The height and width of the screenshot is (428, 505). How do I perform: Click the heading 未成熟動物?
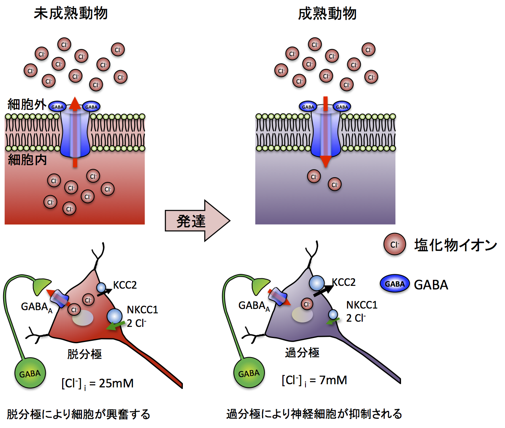pyautogui.click(x=70, y=14)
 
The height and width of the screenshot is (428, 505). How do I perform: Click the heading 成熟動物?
pyautogui.click(x=327, y=14)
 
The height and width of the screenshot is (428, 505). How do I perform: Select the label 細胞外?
pyautogui.click(x=27, y=104)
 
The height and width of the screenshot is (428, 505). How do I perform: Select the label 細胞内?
pyautogui.click(x=27, y=160)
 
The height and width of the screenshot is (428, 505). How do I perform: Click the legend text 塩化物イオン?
pyautogui.click(x=455, y=245)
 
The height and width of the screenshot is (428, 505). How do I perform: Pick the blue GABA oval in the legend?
pyautogui.click(x=395, y=284)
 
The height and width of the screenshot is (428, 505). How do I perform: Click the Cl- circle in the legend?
pyautogui.click(x=394, y=244)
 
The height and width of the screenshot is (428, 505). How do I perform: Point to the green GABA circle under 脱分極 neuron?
pyautogui.click(x=30, y=373)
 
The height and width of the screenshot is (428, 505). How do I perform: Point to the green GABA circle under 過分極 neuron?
pyautogui.click(x=249, y=373)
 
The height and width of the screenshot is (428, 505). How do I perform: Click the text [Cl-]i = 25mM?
pyautogui.click(x=97, y=383)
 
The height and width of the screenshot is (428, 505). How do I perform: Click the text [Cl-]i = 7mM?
pyautogui.click(x=314, y=381)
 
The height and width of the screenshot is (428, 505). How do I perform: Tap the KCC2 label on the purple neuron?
pyautogui.click(x=344, y=282)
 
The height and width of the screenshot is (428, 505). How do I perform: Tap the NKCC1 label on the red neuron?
pyautogui.click(x=142, y=310)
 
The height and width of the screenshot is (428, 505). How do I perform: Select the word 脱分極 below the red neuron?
pyautogui.click(x=84, y=354)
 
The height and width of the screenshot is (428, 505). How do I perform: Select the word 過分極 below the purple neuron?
pyautogui.click(x=302, y=353)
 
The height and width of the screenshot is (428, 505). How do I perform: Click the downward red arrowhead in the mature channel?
pyautogui.click(x=326, y=161)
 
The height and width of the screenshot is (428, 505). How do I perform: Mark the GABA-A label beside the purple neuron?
pyautogui.click(x=254, y=306)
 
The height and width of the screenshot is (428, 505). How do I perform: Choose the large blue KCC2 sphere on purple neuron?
pyautogui.click(x=317, y=283)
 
